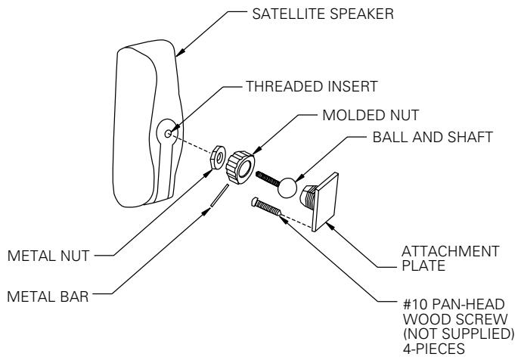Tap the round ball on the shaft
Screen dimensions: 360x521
[287, 186]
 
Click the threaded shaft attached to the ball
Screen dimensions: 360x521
[268, 180]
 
